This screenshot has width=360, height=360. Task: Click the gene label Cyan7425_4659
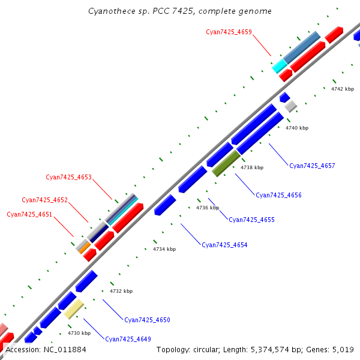[229, 32]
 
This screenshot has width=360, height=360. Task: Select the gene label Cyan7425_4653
[68, 177]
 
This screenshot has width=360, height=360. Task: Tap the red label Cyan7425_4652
[44, 200]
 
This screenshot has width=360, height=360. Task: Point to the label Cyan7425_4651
[29, 214]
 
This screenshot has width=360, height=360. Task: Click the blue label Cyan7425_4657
[312, 166]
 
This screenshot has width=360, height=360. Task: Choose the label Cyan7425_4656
[278, 195]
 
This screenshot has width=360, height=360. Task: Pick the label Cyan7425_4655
[251, 220]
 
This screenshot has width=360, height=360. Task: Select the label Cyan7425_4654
[224, 245]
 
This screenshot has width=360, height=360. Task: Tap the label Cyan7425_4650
[147, 320]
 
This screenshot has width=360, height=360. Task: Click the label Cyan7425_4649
[128, 339]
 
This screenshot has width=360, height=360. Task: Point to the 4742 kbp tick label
[343, 89]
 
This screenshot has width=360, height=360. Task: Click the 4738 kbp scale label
[252, 168]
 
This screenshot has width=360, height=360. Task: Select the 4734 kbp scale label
[164, 249]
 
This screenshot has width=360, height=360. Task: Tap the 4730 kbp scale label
[79, 333]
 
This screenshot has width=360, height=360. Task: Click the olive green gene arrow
[226, 163]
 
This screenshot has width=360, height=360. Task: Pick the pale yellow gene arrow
[74, 309]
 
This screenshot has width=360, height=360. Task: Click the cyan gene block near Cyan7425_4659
[279, 65]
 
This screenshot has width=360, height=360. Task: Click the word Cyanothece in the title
[108, 11]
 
